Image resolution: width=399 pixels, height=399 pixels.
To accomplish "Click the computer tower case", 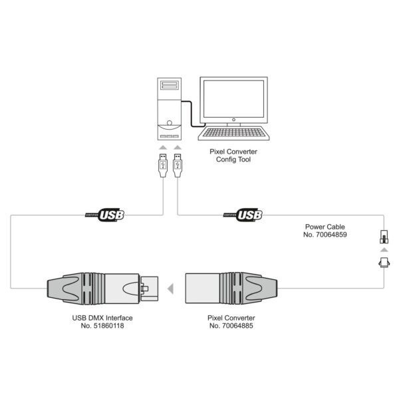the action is [170, 109].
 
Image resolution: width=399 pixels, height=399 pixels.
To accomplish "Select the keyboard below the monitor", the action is [233, 133].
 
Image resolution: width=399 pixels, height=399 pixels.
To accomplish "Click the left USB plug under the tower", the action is [163, 166].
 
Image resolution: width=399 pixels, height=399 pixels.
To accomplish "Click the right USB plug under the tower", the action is [178, 166].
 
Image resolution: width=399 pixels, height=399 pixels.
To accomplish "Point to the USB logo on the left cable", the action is [104, 215].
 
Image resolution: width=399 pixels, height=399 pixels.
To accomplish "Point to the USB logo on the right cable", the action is [243, 215].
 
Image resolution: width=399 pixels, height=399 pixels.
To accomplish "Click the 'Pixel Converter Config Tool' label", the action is [233, 156].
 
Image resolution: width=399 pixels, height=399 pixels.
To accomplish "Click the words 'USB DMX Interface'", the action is [102, 318].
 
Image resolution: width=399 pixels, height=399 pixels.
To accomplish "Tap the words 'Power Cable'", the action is [325, 227].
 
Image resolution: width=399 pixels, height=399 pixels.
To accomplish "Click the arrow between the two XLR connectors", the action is [170, 289].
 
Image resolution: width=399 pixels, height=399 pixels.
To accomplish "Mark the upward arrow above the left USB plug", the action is [163, 148].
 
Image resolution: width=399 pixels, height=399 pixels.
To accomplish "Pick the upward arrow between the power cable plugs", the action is [384, 250].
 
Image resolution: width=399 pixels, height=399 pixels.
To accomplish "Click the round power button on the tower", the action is [170, 123].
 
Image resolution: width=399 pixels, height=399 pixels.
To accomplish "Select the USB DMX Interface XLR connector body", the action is [102, 289].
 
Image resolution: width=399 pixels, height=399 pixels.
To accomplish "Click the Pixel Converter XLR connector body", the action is [231, 289].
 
